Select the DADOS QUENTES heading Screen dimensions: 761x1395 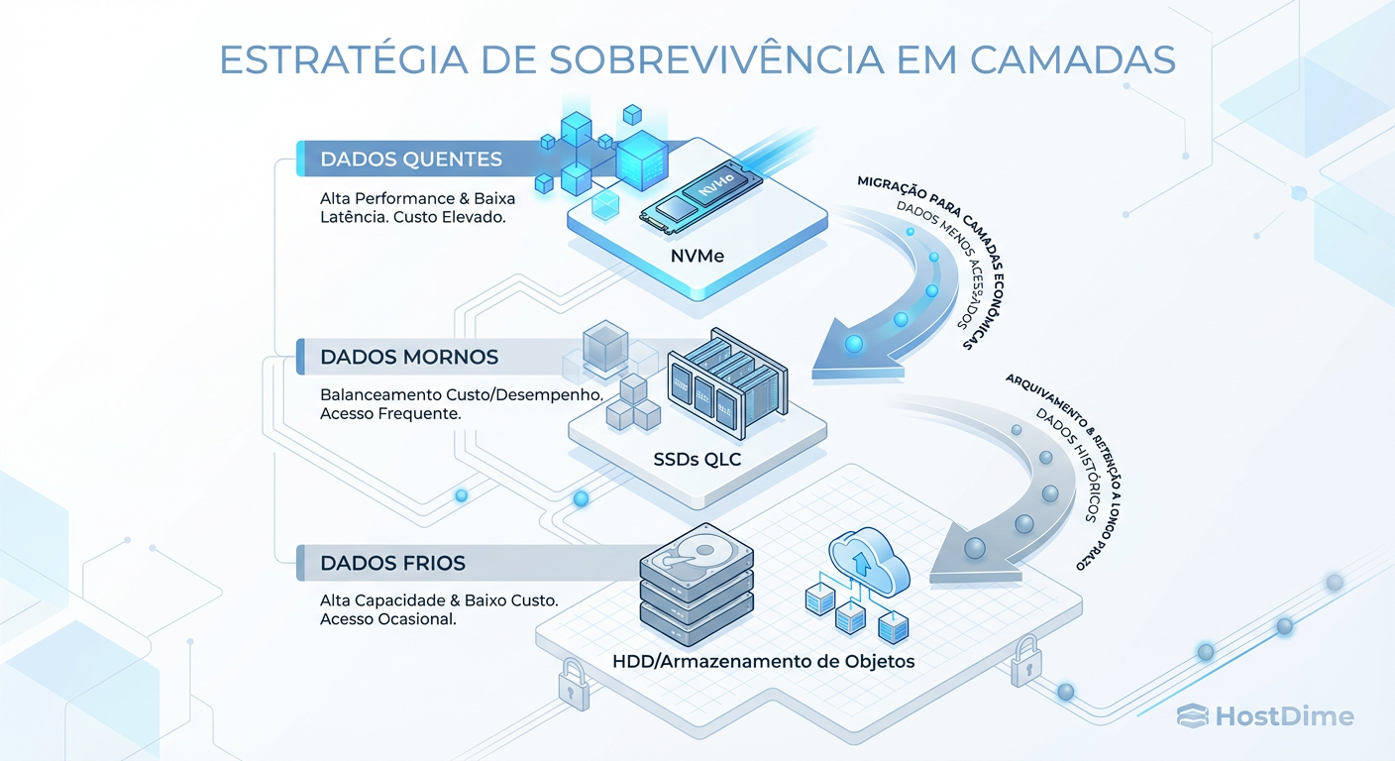coord(410,159)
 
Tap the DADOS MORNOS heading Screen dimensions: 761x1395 coord(408,357)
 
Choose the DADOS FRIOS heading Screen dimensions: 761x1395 coord(392,563)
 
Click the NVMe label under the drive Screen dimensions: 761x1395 coord(696,256)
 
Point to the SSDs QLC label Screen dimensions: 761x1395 coord(697,459)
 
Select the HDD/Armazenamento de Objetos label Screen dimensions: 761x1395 coord(762,661)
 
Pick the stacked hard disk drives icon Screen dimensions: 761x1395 coord(697,580)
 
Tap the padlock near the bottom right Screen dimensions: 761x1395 coord(1024,662)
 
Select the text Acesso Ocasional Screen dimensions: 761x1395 coord(387,619)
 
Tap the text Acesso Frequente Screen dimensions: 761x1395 coord(390,413)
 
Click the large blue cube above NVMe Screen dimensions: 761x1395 coord(644,158)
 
